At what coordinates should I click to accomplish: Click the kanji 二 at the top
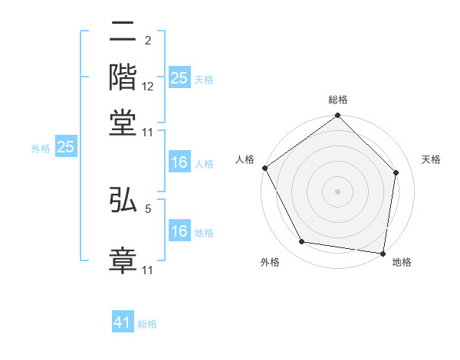[123, 33]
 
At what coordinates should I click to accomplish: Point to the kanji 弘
[123, 198]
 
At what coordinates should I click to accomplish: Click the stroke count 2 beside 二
[147, 41]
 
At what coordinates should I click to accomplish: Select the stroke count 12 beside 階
[148, 87]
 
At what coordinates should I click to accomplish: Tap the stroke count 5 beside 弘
[148, 206]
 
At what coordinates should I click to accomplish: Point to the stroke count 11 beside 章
[148, 270]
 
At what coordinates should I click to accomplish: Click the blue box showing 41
[123, 322]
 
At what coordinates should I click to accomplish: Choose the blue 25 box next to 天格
[179, 77]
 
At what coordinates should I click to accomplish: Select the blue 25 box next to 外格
[65, 147]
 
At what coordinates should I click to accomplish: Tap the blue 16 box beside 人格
[179, 162]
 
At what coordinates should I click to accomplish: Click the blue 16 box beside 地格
[179, 231]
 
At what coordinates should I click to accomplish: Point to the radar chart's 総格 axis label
[338, 100]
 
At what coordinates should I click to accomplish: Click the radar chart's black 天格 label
[432, 159]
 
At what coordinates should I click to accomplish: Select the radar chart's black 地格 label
[402, 262]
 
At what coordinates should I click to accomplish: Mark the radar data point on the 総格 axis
[338, 116]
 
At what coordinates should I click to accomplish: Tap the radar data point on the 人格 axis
[265, 168]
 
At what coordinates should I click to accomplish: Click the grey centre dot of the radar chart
[338, 191]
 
